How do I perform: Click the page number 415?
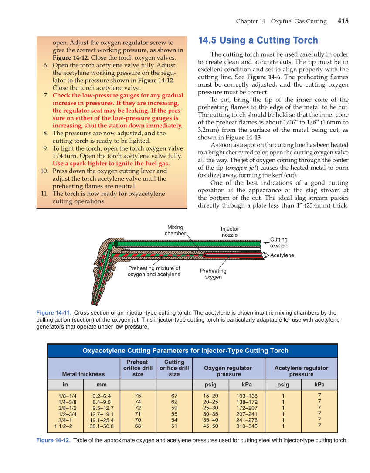pos(343,21)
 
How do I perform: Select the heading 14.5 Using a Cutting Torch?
pos(258,40)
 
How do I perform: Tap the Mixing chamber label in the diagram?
pos(175,230)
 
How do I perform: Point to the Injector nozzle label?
pos(230,231)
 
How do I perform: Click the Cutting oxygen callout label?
pos(278,242)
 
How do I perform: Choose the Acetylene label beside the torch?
pos(282,255)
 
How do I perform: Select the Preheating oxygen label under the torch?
pos(213,274)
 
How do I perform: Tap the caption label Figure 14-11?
pos(54,312)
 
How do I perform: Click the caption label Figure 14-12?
pos(54,440)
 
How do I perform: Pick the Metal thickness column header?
pos(83,374)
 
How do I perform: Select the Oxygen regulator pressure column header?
pos(228,371)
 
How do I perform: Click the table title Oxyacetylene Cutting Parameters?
pos(185,350)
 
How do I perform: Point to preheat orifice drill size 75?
pos(138,396)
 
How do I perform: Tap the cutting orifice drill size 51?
pos(174,426)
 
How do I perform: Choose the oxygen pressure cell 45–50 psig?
pos(210,426)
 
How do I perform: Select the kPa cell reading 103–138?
pos(247,396)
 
